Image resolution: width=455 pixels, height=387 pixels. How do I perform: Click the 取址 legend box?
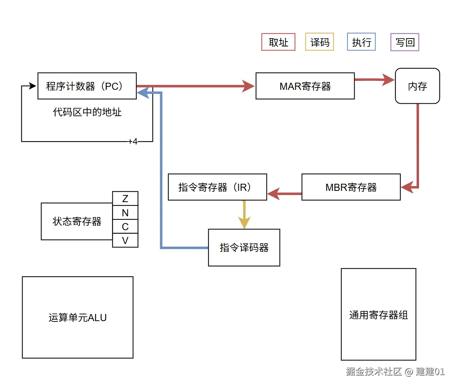point(278,42)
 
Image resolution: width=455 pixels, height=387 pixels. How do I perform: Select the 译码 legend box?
point(319,42)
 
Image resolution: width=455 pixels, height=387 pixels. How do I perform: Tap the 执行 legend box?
point(361,42)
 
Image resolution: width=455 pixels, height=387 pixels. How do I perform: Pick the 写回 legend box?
point(405,42)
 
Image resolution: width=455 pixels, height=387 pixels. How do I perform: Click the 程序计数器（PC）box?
point(87,86)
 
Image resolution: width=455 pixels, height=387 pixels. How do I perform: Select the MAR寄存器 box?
point(305,86)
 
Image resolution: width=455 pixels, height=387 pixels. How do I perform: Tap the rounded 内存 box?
point(417,86)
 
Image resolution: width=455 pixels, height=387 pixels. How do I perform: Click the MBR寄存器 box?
point(351,187)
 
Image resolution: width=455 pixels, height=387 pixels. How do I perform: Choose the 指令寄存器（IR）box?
point(217,187)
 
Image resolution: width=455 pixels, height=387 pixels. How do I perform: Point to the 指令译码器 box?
point(244,247)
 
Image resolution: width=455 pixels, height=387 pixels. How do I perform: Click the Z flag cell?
point(125,198)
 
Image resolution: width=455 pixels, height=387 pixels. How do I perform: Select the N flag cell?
point(125,213)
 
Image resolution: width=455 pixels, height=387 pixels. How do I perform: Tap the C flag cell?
point(125,226)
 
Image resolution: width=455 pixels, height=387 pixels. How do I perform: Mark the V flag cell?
point(125,240)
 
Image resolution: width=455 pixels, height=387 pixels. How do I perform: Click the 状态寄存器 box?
point(77,221)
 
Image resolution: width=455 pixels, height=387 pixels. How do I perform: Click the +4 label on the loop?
point(133,141)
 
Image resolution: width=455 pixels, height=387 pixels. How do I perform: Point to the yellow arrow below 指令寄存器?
point(244,215)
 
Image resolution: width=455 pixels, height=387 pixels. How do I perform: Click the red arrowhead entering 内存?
point(388,80)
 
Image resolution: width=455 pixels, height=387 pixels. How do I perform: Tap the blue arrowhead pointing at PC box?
point(144,92)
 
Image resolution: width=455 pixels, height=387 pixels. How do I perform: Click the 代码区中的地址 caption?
point(87,112)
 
